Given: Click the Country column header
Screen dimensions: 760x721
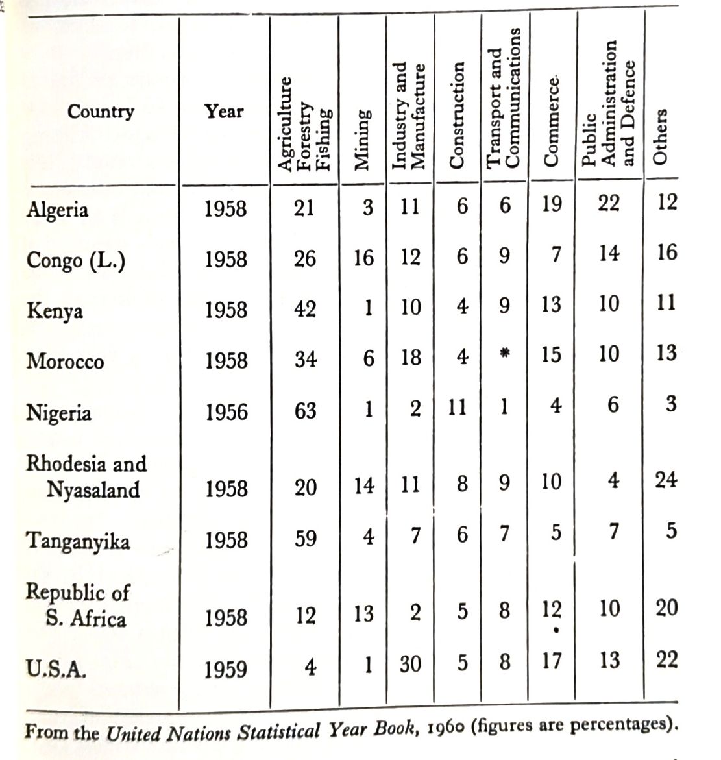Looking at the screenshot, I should pyautogui.click(x=101, y=112).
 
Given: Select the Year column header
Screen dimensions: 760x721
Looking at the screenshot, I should pyautogui.click(x=224, y=112).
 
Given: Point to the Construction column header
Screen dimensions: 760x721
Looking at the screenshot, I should pyautogui.click(x=458, y=116).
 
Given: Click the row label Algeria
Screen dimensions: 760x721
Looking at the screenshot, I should pyautogui.click(x=57, y=210).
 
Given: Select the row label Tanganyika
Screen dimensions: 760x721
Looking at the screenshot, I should pyautogui.click(x=78, y=541).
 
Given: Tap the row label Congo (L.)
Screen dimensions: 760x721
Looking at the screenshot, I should pyautogui.click(x=76, y=260).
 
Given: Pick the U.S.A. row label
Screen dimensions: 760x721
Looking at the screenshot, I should pyautogui.click(x=56, y=669).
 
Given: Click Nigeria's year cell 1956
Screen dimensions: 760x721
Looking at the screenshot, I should pyautogui.click(x=226, y=412).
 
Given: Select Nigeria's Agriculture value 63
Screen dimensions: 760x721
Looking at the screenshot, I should pyautogui.click(x=305, y=411).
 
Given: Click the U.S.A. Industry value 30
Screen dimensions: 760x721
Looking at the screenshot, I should pyautogui.click(x=410, y=664).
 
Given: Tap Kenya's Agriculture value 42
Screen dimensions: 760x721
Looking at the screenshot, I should pyautogui.click(x=305, y=309).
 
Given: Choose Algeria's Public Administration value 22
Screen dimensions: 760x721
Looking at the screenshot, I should pyautogui.click(x=609, y=204).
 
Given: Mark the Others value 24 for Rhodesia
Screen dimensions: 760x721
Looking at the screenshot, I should pyautogui.click(x=666, y=480).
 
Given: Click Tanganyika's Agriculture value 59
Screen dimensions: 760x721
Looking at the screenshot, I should pyautogui.click(x=305, y=539).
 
